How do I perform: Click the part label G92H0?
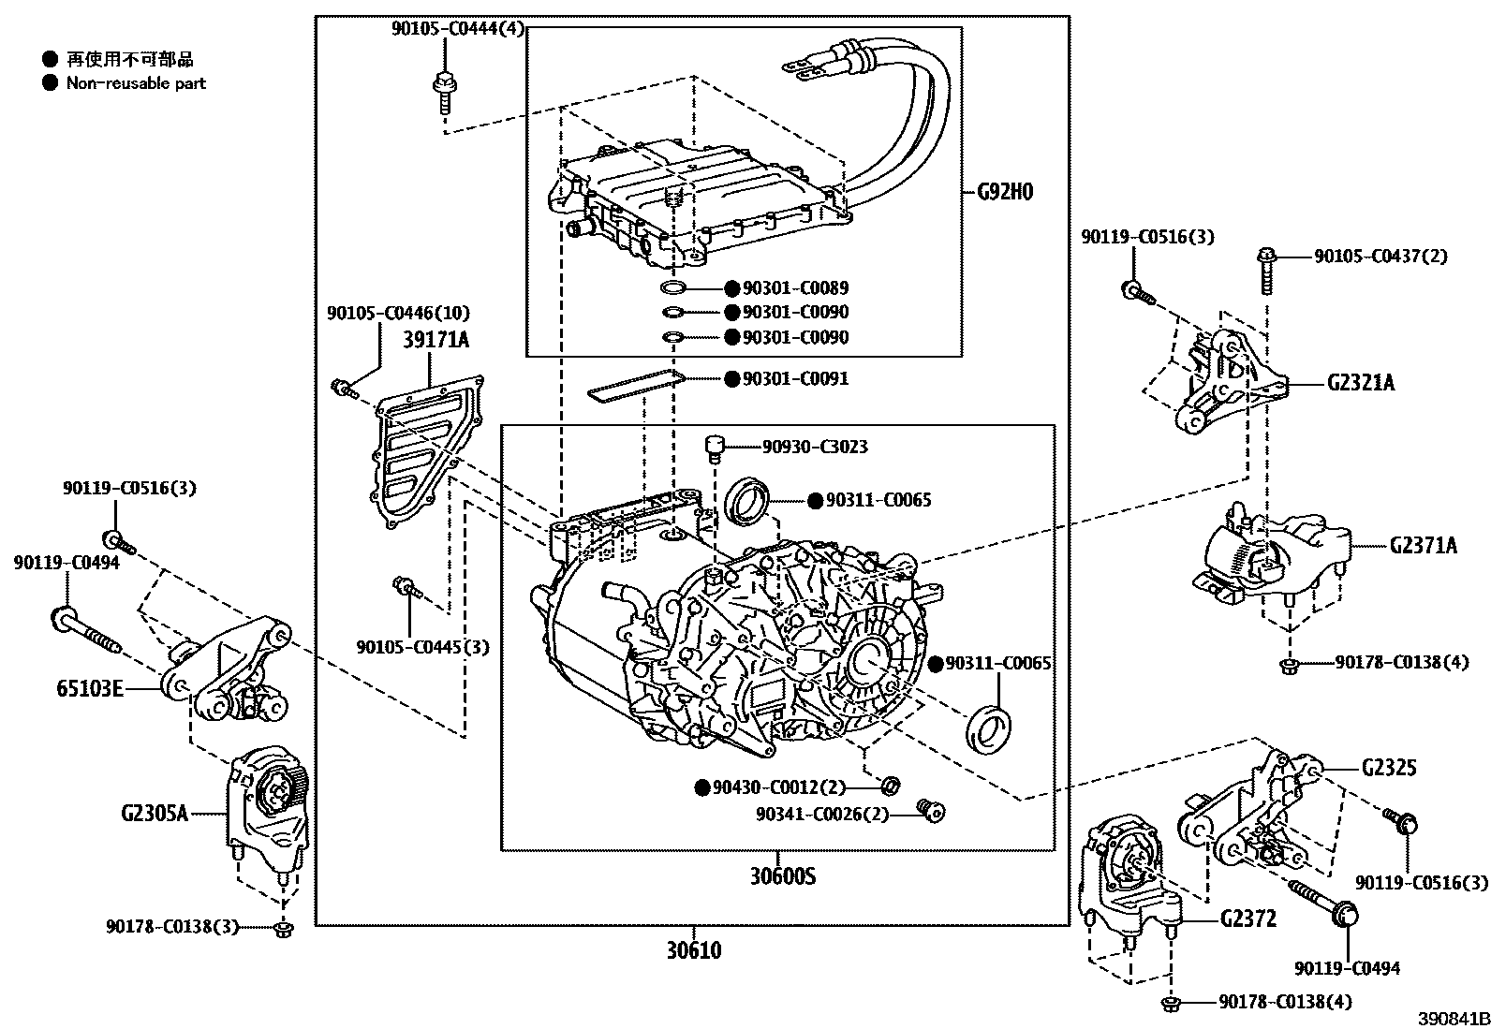[1005, 192]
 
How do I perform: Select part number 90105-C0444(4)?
[458, 29]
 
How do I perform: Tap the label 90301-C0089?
[795, 288]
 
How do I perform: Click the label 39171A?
[435, 339]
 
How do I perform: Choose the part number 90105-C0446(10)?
[398, 313]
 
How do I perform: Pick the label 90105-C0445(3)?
[422, 646]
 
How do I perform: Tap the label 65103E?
[88, 690]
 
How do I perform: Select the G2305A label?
[155, 813]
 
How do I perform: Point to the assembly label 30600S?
[783, 876]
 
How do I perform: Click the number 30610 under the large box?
[694, 950]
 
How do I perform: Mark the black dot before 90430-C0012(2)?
[702, 787]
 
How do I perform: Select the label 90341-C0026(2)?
[822, 814]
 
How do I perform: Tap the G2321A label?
[1361, 382]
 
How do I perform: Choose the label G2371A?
[1423, 545]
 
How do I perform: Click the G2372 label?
[1247, 919]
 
